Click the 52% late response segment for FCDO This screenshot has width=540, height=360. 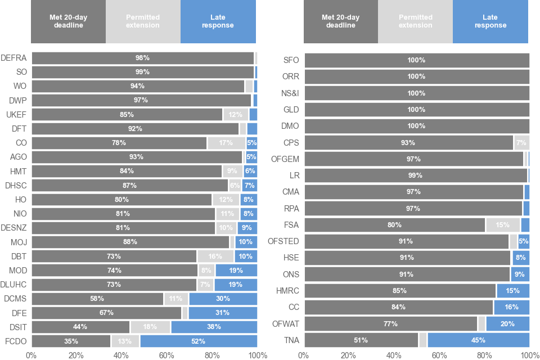tap(198, 341)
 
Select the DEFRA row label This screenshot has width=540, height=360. tap(12, 58)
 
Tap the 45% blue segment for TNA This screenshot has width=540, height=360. tap(478, 340)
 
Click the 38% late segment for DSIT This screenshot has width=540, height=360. tap(214, 327)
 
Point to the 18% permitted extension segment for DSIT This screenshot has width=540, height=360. tap(150, 327)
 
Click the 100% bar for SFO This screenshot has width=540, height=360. tap(416, 60)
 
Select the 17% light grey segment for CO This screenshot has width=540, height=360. tap(226, 143)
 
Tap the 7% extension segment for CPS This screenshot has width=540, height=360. tap(521, 143)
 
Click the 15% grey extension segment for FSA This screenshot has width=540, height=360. tap(503, 225)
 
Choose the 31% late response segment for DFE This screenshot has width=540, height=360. tap(223, 313)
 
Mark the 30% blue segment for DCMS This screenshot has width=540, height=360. tap(223, 299)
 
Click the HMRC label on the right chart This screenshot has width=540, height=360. tap(287, 291)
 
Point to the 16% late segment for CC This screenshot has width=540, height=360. tap(511, 307)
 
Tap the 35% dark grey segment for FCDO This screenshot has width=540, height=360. tap(71, 341)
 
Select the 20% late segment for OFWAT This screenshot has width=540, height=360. tap(507, 323)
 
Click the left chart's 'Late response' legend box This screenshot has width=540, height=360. tap(218, 21)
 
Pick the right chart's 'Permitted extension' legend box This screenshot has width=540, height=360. tap(415, 21)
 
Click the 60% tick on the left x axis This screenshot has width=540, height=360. tap(166, 355)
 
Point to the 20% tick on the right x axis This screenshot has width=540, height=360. tap(348, 355)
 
